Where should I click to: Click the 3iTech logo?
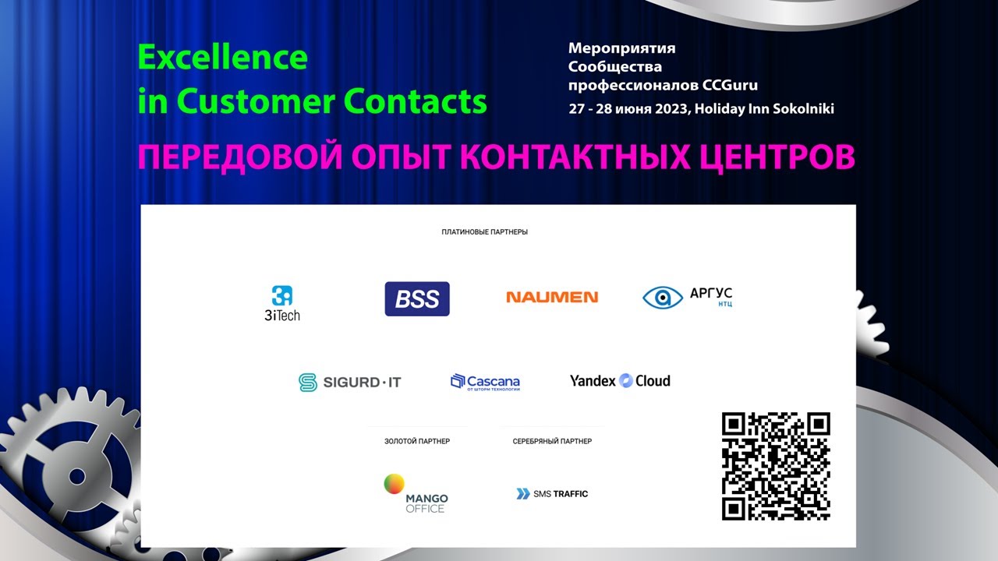[281, 302]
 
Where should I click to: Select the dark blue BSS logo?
[417, 298]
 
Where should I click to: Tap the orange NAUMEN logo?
[552, 297]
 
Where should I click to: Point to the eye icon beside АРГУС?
[663, 297]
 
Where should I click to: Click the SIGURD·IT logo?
[350, 382]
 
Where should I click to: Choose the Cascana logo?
[485, 382]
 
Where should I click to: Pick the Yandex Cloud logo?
[620, 381]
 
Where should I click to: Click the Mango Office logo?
[416, 494]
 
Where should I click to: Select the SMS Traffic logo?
[552, 493]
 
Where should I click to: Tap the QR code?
[776, 466]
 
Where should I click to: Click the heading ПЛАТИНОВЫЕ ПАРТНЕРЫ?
[484, 232]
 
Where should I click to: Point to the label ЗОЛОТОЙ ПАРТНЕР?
[417, 441]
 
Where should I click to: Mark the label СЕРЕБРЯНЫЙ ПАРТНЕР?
[552, 441]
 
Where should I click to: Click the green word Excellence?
[223, 58]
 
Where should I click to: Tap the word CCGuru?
[730, 85]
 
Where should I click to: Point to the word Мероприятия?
[622, 48]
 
